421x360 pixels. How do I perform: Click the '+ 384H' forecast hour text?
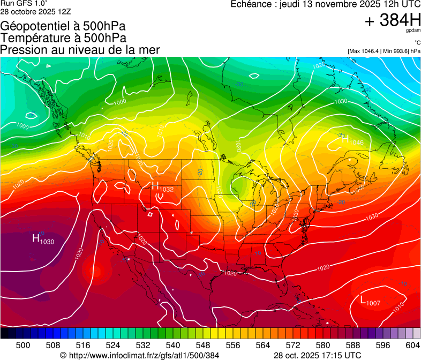(393, 20)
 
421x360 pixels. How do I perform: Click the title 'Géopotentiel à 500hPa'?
(67, 26)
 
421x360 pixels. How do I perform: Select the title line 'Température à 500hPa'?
(63, 37)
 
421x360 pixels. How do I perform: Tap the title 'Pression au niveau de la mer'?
(80, 50)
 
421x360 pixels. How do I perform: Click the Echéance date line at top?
(325, 4)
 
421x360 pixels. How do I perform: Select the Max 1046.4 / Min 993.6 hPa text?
(384, 51)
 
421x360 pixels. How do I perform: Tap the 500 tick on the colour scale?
(23, 344)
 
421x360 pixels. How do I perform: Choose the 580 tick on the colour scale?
(323, 344)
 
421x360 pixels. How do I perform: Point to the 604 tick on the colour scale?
(413, 344)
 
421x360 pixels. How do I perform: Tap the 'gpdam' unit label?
(413, 31)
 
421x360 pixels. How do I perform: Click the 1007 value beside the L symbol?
(373, 303)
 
